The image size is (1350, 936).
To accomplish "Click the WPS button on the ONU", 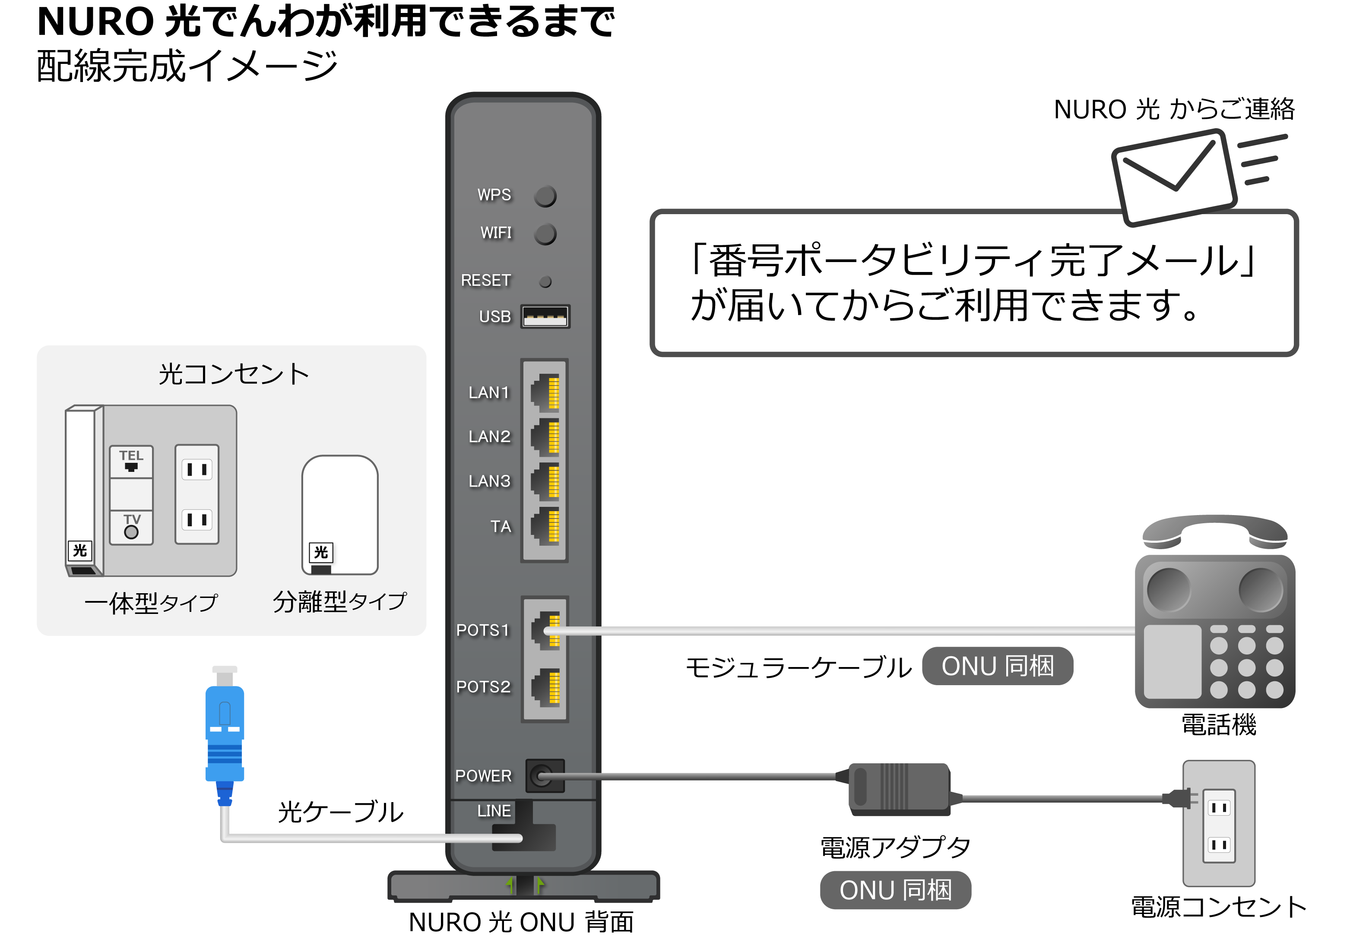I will [x=545, y=196].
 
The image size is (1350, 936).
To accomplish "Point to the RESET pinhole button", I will [x=545, y=282].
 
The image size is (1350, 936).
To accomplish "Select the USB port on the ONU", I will [x=545, y=317].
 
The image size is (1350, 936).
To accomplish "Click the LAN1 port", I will [x=545, y=392].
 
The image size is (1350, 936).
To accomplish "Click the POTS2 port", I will [x=545, y=687].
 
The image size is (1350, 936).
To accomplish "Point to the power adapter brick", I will [x=899, y=789].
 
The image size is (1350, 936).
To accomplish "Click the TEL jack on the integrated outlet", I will [x=131, y=462].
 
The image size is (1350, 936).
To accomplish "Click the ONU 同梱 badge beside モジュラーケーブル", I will [x=998, y=666].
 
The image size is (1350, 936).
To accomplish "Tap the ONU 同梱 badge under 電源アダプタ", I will [x=895, y=890].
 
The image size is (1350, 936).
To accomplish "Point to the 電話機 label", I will [x=1219, y=725].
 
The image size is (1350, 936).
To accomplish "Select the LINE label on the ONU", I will [x=494, y=811].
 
